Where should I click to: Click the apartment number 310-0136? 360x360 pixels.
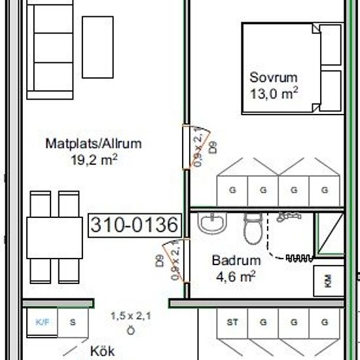(x=135, y=225)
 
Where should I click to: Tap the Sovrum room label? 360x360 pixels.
(x=274, y=77)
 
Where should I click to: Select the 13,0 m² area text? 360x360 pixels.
(x=274, y=93)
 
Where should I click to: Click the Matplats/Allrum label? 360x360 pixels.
(x=94, y=144)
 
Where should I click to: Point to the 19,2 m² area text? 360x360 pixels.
(x=94, y=160)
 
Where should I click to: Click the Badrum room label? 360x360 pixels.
(x=236, y=261)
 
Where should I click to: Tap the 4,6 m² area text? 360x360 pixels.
(x=236, y=276)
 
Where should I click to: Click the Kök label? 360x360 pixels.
(x=102, y=351)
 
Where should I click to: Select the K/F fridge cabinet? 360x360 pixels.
(x=43, y=323)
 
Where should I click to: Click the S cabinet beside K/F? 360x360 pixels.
(x=73, y=323)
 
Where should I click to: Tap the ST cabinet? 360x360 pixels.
(x=232, y=323)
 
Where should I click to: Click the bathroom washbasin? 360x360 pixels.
(x=212, y=223)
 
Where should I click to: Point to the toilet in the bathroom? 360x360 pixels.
(x=253, y=228)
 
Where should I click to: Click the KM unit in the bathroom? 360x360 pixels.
(x=329, y=281)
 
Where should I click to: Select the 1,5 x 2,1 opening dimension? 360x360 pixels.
(x=131, y=316)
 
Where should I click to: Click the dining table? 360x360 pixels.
(x=54, y=238)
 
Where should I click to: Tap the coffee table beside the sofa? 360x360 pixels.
(x=98, y=47)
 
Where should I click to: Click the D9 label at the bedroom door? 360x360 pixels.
(x=213, y=147)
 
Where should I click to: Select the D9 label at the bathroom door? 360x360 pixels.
(x=160, y=261)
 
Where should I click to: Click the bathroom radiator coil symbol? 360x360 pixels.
(x=299, y=259)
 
